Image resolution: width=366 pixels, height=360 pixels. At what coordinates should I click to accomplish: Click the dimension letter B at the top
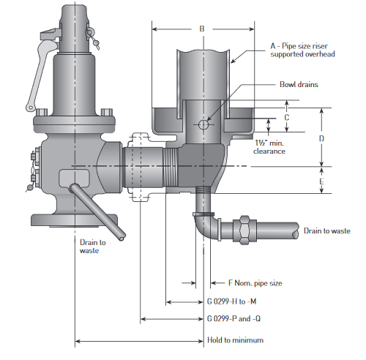click(202, 29)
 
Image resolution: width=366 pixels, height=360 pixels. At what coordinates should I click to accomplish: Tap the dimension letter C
click(287, 118)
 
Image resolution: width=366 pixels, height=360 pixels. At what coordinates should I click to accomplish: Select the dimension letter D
click(321, 138)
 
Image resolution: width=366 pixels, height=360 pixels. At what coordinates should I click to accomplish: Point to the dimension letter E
click(321, 181)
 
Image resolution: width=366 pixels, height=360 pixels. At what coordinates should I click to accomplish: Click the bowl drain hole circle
click(203, 125)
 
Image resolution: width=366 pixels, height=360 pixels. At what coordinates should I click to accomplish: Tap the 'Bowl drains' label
click(299, 85)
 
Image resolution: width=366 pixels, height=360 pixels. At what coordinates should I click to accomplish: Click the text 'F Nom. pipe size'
click(255, 283)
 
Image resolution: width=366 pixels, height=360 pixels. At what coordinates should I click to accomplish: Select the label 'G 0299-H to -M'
click(231, 301)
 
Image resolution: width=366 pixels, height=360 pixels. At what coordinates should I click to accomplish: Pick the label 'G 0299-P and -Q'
click(234, 318)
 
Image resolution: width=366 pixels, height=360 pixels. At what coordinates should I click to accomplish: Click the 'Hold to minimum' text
click(235, 340)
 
